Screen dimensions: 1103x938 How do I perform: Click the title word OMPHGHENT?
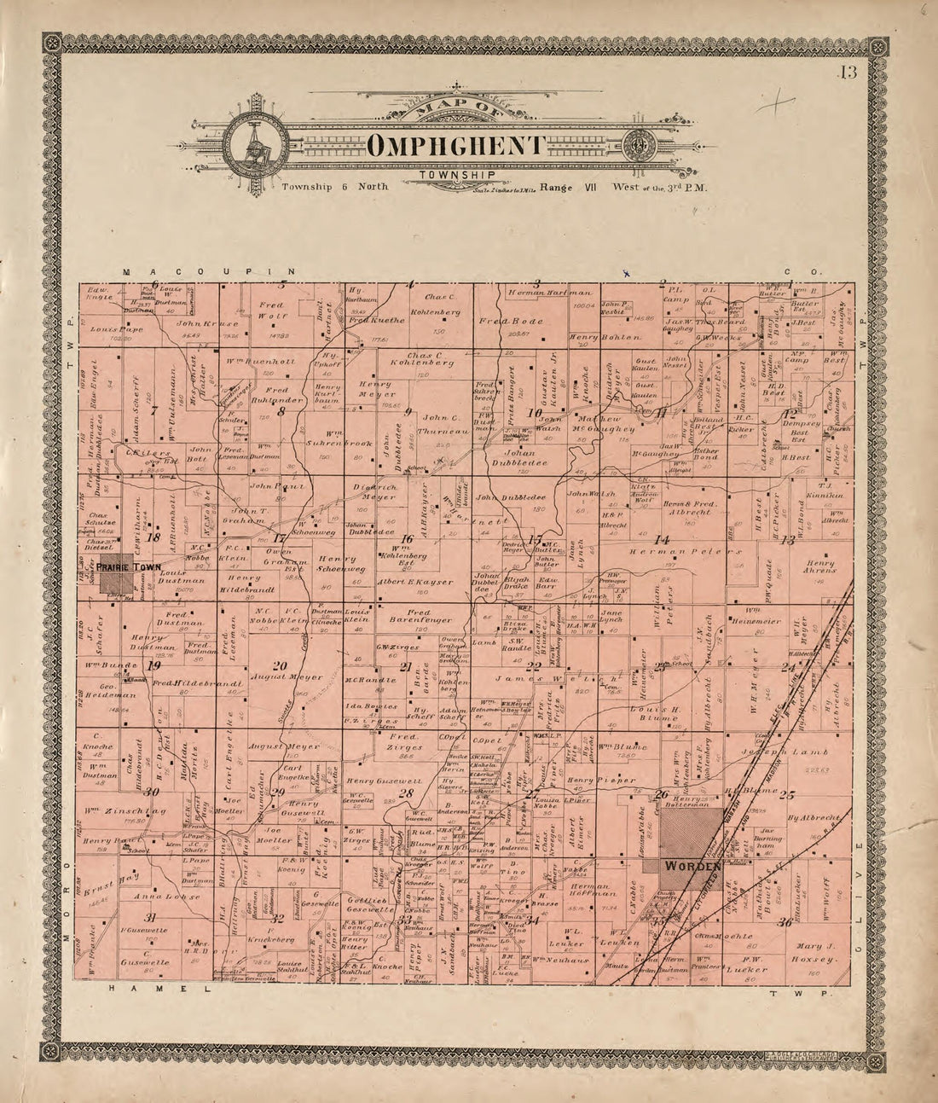click(x=457, y=146)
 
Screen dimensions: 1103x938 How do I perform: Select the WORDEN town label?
click(x=692, y=865)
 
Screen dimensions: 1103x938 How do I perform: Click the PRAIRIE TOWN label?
click(x=128, y=566)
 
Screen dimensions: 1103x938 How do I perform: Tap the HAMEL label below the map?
click(x=162, y=988)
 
